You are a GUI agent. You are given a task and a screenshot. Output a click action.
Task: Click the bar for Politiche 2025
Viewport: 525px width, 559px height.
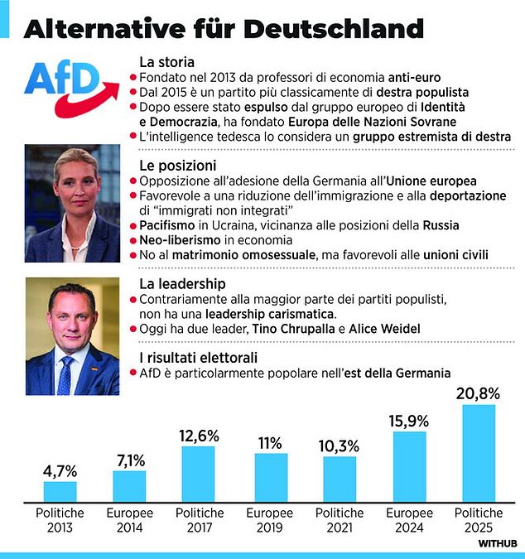(479, 453)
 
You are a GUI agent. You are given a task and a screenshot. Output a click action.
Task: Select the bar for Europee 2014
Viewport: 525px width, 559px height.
(129, 486)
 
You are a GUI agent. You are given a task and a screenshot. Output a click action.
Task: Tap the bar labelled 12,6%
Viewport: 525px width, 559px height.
(198, 475)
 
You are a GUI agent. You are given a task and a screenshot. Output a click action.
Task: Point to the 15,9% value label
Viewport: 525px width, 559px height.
(409, 422)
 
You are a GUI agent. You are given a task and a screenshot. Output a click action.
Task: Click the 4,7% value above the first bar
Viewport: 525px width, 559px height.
(60, 472)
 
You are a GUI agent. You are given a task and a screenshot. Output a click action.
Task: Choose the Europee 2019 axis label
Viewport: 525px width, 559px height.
(269, 520)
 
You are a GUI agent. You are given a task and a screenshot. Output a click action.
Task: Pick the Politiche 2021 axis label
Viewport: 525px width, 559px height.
(340, 520)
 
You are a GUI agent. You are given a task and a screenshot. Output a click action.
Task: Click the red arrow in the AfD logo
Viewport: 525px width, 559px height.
(87, 100)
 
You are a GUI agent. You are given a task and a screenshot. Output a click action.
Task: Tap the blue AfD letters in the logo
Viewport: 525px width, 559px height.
(61, 79)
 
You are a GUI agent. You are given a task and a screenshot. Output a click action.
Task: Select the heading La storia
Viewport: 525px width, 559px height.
(166, 62)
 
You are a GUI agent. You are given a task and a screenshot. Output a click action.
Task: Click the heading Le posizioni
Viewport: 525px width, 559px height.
(178, 166)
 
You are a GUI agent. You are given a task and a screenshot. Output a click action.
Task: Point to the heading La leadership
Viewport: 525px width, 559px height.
(182, 284)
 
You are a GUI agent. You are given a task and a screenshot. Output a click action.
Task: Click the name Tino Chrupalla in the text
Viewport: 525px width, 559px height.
(293, 329)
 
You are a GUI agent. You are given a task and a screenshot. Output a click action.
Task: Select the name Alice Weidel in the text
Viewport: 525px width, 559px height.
(384, 329)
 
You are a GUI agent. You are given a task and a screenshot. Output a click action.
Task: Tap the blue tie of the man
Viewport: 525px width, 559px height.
(65, 376)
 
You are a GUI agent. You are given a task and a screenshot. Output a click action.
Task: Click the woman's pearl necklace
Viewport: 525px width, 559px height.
(75, 248)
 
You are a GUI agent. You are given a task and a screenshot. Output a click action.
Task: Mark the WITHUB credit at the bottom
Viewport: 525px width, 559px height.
(498, 543)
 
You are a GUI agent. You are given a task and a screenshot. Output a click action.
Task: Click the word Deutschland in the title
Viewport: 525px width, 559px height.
(334, 29)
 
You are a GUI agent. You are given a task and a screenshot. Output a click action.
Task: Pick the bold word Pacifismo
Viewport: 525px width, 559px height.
(167, 225)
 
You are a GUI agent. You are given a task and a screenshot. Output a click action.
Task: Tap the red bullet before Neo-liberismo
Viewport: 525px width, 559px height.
(133, 241)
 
